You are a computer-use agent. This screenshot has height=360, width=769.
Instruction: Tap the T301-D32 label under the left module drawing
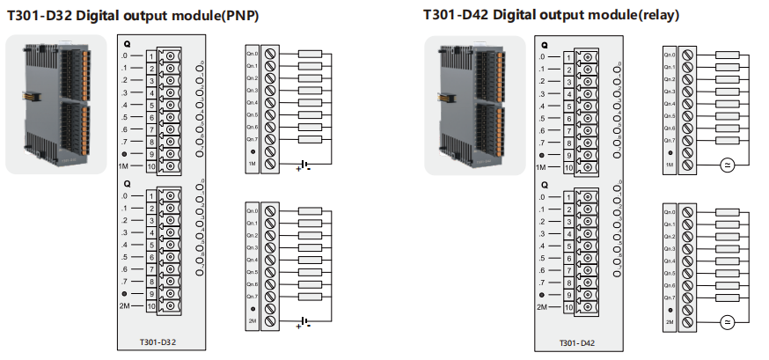[x=157, y=341]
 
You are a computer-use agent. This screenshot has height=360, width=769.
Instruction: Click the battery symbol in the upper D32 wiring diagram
[x=304, y=165]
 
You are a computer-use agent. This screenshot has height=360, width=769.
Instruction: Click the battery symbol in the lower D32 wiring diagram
[x=304, y=323]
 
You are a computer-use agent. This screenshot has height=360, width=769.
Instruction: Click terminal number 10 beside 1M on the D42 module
[x=569, y=167]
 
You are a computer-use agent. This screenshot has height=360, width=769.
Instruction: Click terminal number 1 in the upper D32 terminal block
[x=151, y=56]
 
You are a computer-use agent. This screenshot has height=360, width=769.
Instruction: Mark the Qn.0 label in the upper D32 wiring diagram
[x=253, y=54]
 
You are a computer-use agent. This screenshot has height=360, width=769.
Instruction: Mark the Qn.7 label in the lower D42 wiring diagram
[x=670, y=298]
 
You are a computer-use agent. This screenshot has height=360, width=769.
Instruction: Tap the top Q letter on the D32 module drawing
[x=127, y=42]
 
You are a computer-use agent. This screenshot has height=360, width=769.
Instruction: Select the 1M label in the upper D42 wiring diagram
[x=670, y=165]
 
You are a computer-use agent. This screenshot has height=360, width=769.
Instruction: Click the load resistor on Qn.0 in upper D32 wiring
[x=310, y=54]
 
